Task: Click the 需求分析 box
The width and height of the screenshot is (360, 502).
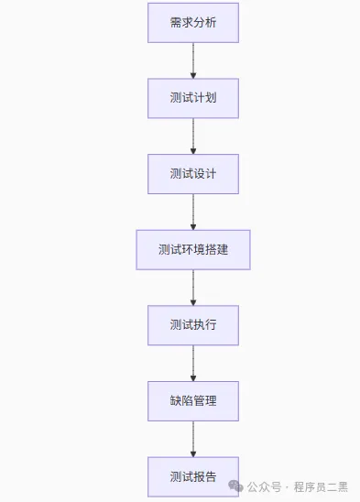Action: (x=192, y=22)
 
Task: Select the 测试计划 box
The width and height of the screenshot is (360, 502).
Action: (x=192, y=98)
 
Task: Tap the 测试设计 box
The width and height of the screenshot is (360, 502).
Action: (x=192, y=173)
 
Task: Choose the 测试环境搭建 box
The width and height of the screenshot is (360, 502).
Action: (x=192, y=249)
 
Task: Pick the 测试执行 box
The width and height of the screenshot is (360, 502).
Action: (x=192, y=325)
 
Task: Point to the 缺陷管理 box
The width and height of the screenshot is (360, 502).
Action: (x=192, y=401)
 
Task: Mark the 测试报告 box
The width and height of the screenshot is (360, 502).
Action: (x=192, y=476)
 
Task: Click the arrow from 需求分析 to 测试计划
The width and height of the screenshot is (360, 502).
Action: (x=193, y=60)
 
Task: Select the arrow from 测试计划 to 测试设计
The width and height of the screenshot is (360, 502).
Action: (x=193, y=136)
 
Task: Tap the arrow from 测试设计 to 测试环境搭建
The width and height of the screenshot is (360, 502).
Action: (x=193, y=211)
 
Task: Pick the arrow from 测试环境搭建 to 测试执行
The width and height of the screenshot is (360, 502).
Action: (x=193, y=287)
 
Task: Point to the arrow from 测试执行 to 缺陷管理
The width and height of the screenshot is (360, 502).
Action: (x=193, y=363)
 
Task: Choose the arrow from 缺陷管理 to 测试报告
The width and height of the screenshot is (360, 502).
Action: (x=193, y=439)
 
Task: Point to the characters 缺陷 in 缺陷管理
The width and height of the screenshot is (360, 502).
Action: (x=180, y=401)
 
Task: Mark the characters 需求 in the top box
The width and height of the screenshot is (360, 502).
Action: (x=180, y=22)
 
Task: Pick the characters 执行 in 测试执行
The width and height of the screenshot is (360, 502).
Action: (x=204, y=325)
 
